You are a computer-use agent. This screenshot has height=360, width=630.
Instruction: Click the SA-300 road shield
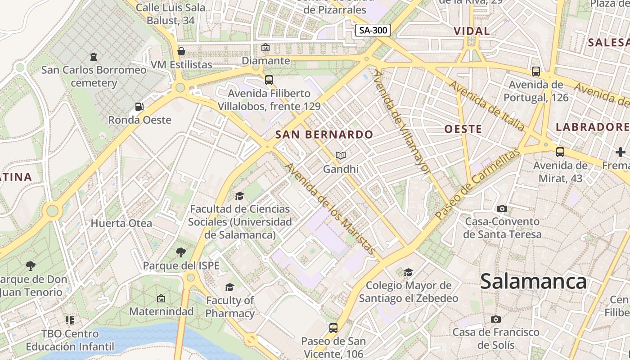coord(373,30)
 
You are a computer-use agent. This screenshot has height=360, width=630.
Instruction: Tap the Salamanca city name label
coord(533,282)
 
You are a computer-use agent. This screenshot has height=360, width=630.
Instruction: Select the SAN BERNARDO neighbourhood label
coord(324,134)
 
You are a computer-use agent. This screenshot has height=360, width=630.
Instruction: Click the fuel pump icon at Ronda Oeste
coord(139,107)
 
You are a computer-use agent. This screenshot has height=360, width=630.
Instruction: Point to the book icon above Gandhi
coord(341,156)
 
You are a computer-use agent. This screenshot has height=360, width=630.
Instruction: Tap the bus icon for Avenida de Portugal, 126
coord(535,71)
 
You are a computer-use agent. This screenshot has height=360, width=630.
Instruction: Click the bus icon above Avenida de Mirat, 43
coord(560,152)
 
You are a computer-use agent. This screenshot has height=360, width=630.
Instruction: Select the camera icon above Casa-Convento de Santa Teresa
coord(502,208)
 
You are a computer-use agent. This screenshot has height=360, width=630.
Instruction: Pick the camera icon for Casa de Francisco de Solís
coord(496,319)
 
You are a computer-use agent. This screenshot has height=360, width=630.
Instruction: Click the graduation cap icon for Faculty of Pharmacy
coord(230,287)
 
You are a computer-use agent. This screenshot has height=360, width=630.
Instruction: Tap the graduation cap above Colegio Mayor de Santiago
coord(408,272)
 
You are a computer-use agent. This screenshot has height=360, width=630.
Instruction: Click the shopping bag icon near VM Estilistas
coord(181,51)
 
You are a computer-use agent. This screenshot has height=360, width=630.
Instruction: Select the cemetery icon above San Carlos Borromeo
coord(94,57)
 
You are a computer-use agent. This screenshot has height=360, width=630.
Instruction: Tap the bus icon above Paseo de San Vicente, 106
coord(333,328)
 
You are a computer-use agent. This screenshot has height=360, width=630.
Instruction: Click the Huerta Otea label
coord(121,223)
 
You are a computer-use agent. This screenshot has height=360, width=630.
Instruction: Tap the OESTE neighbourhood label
coord(463,129)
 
